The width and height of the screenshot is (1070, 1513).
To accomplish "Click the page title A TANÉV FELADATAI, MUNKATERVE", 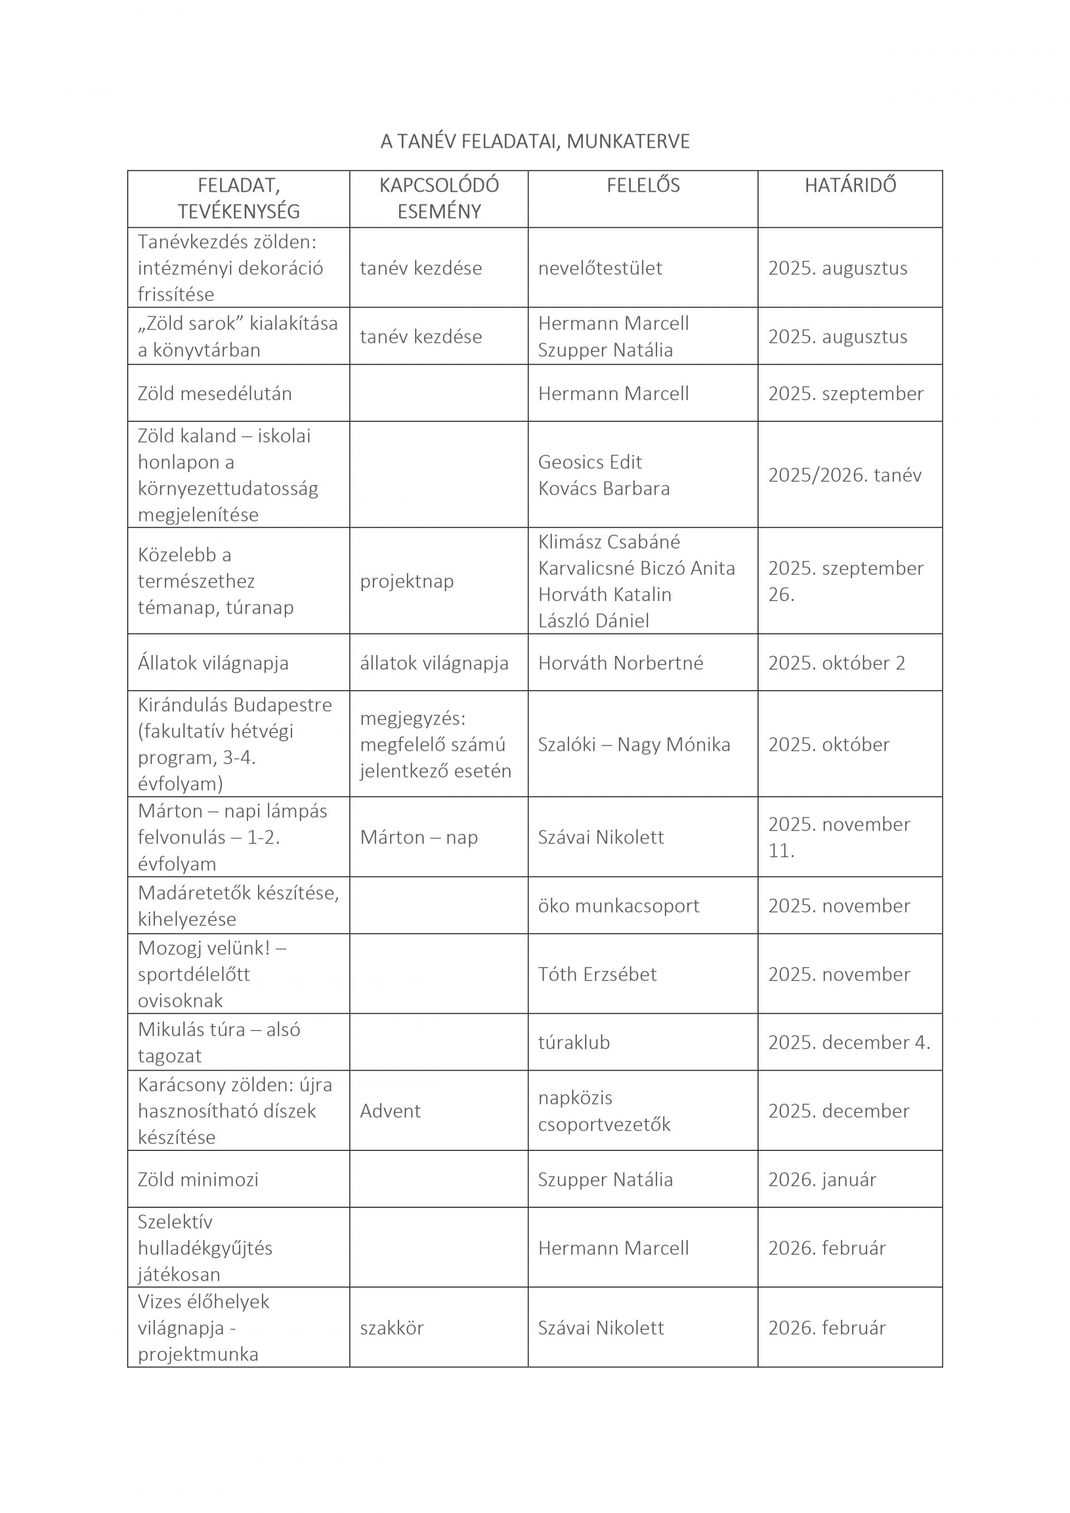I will pyautogui.click(x=534, y=141).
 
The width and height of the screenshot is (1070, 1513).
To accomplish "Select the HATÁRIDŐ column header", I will pyautogui.click(x=850, y=185).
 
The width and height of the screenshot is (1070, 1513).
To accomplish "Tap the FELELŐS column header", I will pyautogui.click(x=643, y=185).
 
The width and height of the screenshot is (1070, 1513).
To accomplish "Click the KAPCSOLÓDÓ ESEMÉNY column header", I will pyautogui.click(x=439, y=198).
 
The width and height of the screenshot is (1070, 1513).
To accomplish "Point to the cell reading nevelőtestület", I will pyautogui.click(x=600, y=268).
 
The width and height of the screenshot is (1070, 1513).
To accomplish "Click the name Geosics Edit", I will pyautogui.click(x=590, y=462).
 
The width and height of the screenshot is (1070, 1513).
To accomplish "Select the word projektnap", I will pyautogui.click(x=407, y=581).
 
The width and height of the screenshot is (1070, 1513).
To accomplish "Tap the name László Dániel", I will pyautogui.click(x=594, y=621).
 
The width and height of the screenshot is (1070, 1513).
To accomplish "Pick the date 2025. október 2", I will pyautogui.click(x=836, y=663).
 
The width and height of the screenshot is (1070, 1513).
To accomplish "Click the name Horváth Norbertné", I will pyautogui.click(x=620, y=663).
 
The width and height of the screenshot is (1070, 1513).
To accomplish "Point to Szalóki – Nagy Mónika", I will pyautogui.click(x=634, y=745).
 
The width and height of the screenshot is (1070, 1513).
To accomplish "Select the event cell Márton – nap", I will pyautogui.click(x=419, y=838).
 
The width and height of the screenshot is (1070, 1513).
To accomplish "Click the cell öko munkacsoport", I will pyautogui.click(x=619, y=906).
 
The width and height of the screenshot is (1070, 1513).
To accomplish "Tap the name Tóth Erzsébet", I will pyautogui.click(x=597, y=975).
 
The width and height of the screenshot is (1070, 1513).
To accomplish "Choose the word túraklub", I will pyautogui.click(x=573, y=1042).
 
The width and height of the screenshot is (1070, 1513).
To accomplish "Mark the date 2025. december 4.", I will pyautogui.click(x=849, y=1042).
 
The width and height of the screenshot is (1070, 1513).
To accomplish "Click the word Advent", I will pyautogui.click(x=390, y=1111).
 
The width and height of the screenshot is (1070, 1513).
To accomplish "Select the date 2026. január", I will pyautogui.click(x=822, y=1179).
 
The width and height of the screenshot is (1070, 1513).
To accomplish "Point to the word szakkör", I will pyautogui.click(x=392, y=1328).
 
